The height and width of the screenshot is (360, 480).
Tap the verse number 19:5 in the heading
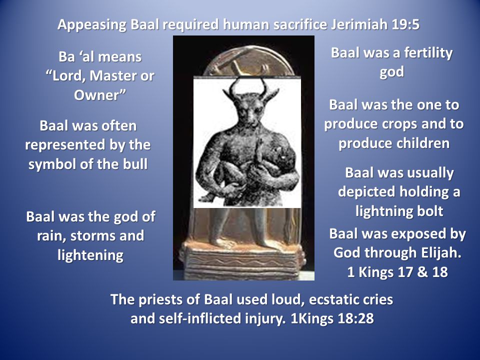coord(405,24)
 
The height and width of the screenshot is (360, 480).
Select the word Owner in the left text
coord(96,95)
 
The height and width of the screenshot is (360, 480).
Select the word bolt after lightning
coord(430,211)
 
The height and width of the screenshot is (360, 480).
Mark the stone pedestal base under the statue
coord(242,260)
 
